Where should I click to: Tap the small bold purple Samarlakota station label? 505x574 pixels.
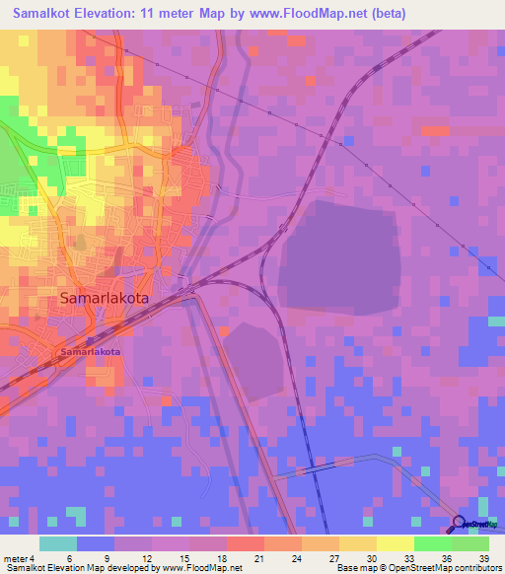90,351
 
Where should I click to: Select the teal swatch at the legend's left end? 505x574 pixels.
58,543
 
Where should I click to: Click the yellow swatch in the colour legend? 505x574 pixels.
396,543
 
